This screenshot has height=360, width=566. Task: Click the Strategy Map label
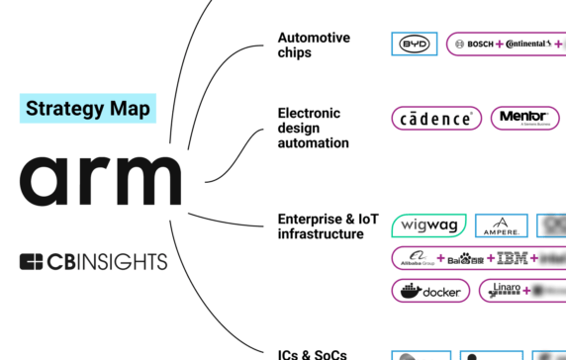click(88, 108)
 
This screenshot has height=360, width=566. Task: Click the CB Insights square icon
click(32, 262)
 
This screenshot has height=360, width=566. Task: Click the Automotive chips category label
click(313, 45)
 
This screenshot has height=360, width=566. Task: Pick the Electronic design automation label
click(313, 127)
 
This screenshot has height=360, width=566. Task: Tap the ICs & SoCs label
click(312, 353)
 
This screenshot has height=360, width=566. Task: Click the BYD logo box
click(411, 45)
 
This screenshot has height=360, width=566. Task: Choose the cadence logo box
click(436, 119)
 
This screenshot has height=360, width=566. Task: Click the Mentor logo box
click(523, 119)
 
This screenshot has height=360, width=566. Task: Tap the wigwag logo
click(428, 225)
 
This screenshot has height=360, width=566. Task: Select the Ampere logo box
click(501, 225)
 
